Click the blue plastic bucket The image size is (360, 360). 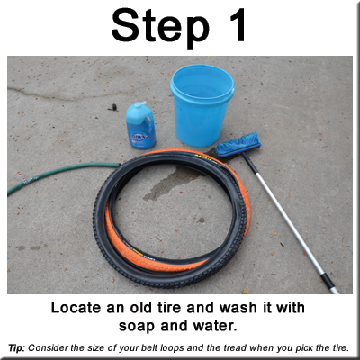click(202, 105)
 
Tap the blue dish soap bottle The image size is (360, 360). click(140, 125)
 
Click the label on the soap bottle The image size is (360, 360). click(139, 138)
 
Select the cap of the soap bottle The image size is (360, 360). click(139, 104)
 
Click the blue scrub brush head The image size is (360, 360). click(238, 145)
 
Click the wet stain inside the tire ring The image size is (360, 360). click(174, 184)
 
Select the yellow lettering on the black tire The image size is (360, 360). click(207, 159)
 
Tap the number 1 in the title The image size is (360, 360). click(236, 25)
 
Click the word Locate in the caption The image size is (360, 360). click(76, 308)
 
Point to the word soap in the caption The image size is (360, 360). click(137, 326)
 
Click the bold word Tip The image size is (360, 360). click(18, 348)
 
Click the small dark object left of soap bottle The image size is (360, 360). click(113, 107)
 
